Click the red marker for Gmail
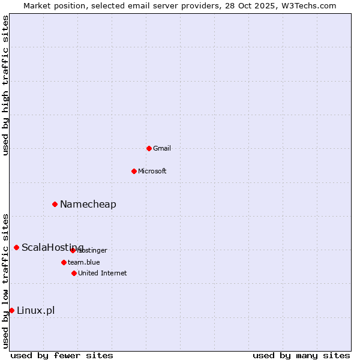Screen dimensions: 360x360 [149, 148]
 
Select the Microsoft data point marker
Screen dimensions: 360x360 [134, 171]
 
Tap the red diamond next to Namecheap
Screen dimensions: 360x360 [55, 204]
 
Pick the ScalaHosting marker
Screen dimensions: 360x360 [16, 247]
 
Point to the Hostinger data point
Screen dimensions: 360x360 [73, 250]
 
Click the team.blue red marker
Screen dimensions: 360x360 [64, 262]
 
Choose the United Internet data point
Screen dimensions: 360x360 [74, 273]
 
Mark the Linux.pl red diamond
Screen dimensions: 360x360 [11, 310]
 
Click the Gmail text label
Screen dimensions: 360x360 [162, 148]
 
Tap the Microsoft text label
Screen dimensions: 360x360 [152, 171]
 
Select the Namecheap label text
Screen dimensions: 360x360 [88, 204]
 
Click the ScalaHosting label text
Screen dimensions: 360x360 [53, 247]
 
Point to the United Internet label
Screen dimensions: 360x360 [103, 273]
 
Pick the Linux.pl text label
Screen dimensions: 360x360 [36, 310]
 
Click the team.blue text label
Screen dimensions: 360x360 [84, 262]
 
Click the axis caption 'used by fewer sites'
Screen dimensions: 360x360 [62, 355]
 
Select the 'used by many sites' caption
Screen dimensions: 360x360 [301, 355]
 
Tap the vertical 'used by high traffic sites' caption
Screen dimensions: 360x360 [5, 86]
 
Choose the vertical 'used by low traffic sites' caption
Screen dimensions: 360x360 [5, 280]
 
